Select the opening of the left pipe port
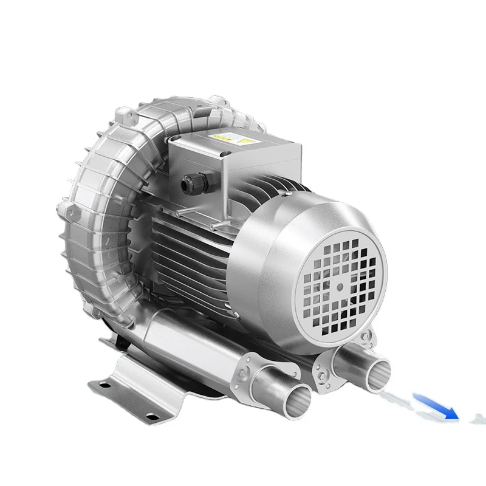[x=291, y=402]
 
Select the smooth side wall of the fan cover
[x=267, y=273]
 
